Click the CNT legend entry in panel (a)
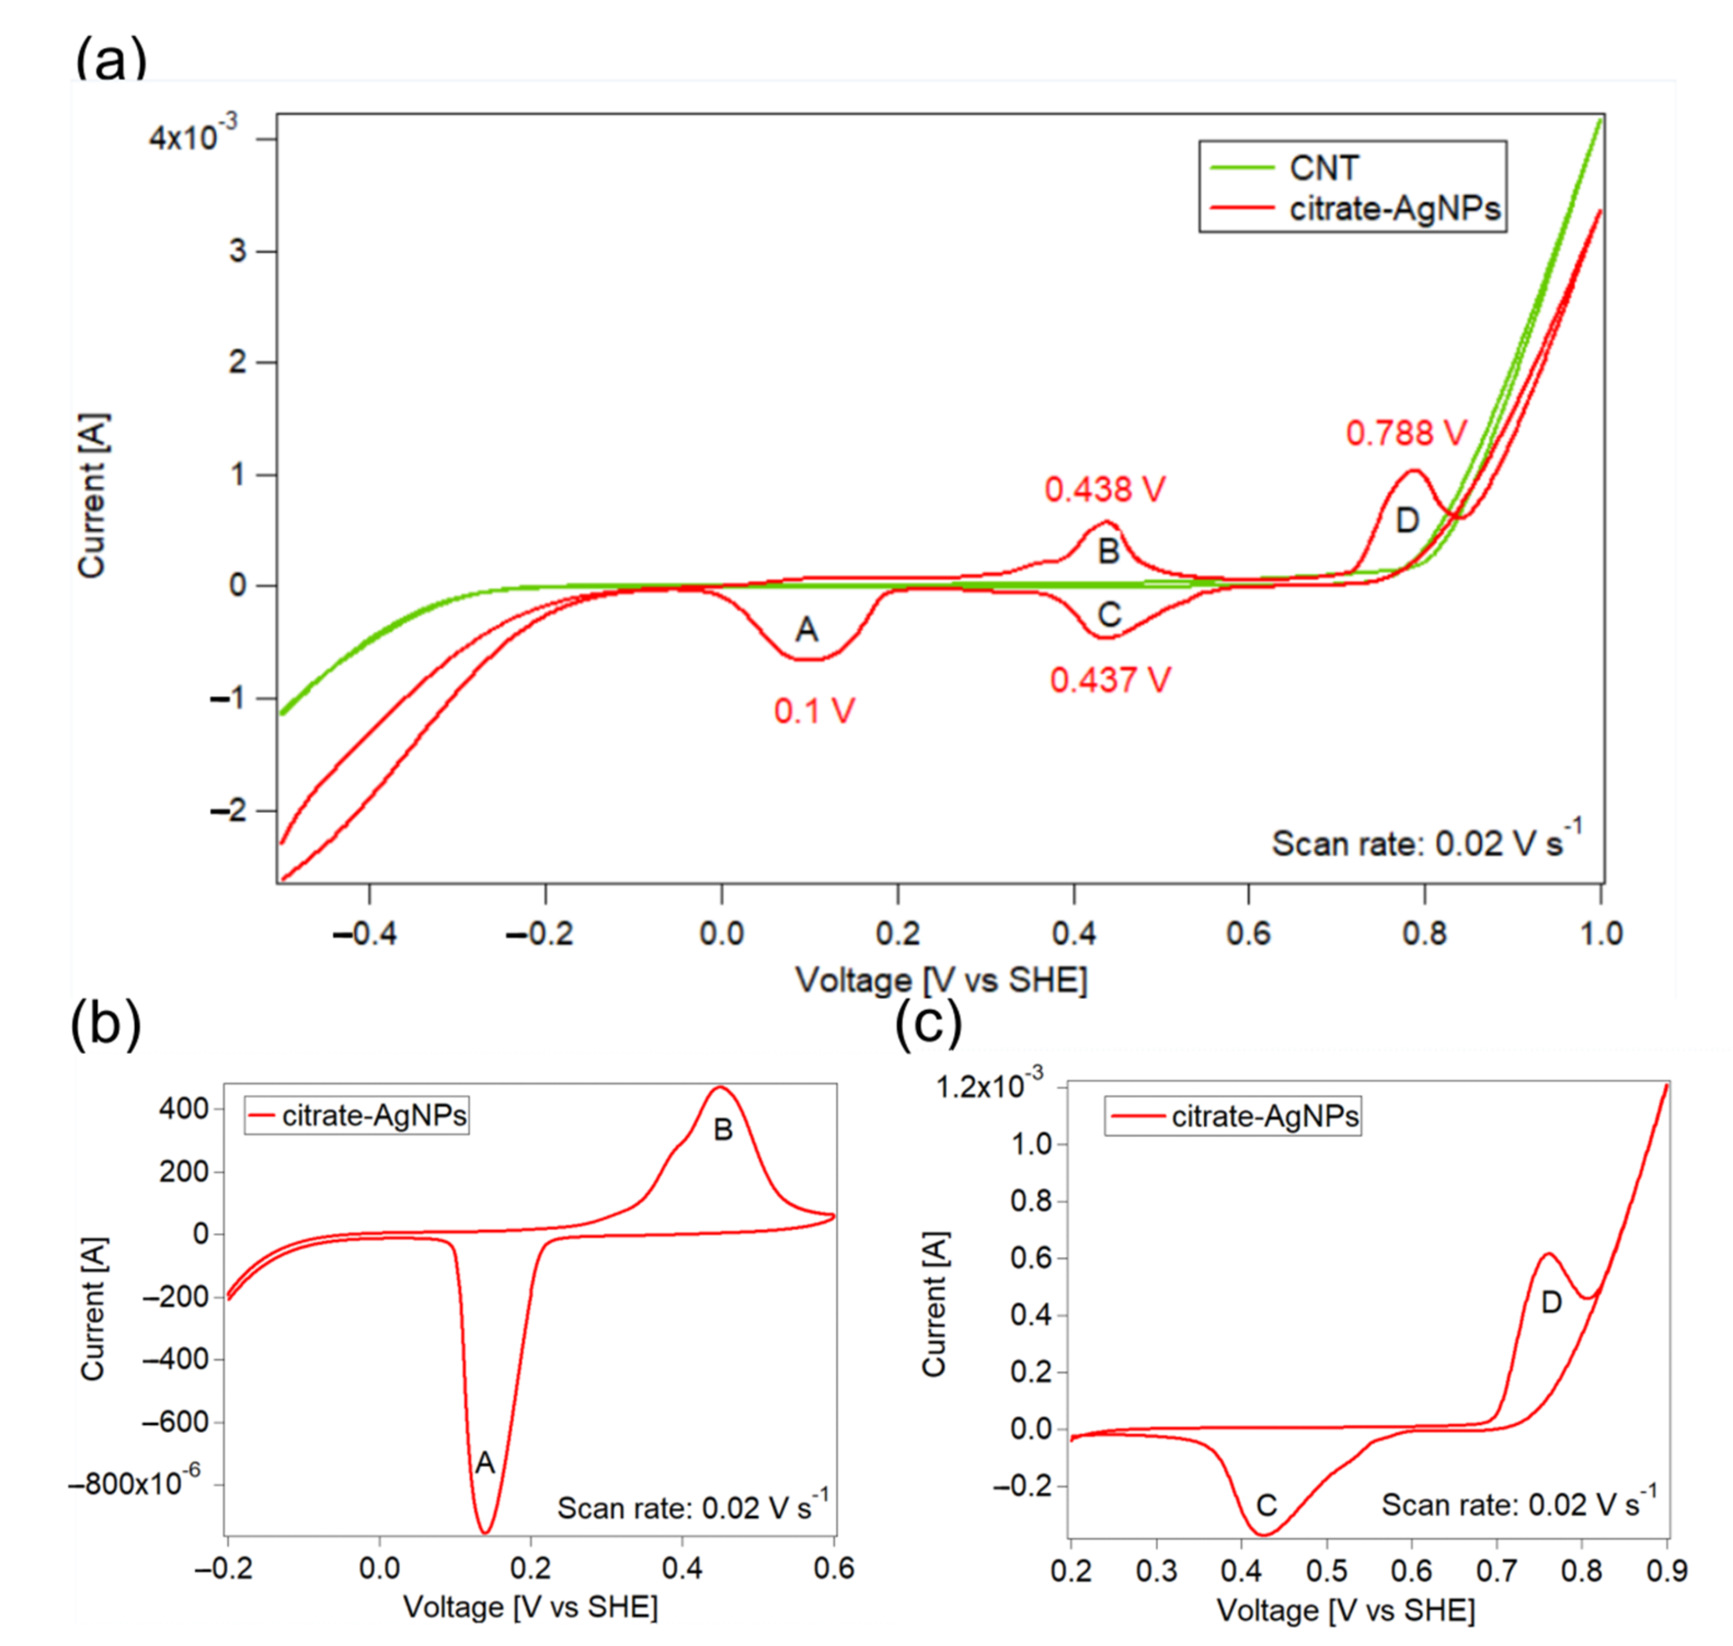1322,168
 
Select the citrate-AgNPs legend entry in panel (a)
1394,209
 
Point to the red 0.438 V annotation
1104,489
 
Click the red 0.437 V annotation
1110,680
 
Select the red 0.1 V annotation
814,711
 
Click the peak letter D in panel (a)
1406,521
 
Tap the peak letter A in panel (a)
807,629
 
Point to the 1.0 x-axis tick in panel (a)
1600,933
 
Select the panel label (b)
105,1023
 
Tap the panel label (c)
928,1023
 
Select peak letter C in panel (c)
1265,1506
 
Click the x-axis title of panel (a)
940,980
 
